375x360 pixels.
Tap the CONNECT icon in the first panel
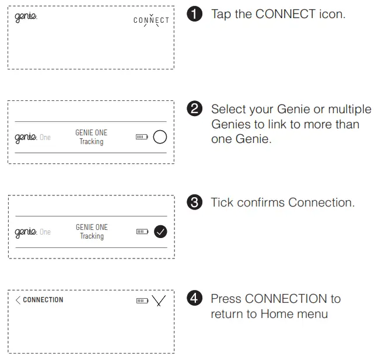[151, 20]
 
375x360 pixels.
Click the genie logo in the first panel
[25, 16]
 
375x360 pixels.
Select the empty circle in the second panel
[159, 137]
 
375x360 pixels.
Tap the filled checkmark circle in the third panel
[159, 232]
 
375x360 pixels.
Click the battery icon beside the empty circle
[142, 138]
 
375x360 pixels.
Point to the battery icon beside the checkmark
[142, 232]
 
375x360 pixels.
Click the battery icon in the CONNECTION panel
[142, 300]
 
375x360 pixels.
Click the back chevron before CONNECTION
[18, 300]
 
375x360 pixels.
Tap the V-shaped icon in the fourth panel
[159, 300]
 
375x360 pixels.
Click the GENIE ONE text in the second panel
[91, 133]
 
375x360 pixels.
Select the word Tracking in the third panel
[91, 236]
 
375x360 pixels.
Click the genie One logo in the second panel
[33, 137]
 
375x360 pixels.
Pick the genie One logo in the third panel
[33, 232]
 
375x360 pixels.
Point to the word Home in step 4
[278, 314]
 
